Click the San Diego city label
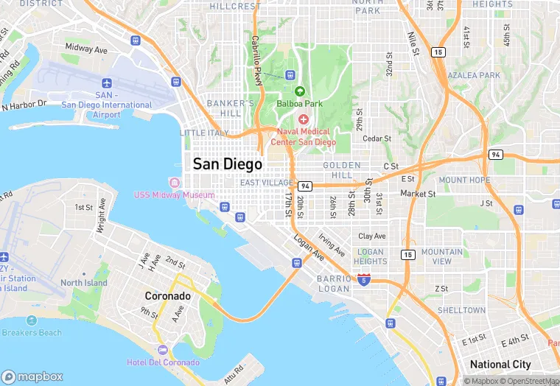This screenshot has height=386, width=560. pos(227,164)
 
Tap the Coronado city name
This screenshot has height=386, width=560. pos(167,296)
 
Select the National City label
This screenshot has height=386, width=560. pos(500,365)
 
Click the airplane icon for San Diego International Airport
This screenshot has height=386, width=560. pos(108,83)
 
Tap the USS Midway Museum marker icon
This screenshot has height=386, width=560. pos(175,183)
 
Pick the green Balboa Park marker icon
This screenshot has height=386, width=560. pos(299,91)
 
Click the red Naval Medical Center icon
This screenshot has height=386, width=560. pos(303,119)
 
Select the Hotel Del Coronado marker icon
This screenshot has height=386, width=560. pos(163,350)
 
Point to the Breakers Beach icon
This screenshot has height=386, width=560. pos(31,320)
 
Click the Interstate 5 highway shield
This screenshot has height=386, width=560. pos(364,279)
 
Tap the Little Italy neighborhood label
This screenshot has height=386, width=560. pos(204,133)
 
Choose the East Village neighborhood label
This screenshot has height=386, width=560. pos(266,183)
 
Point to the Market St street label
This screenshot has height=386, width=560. pos(418,194)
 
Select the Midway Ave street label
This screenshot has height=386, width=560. pos(86,47)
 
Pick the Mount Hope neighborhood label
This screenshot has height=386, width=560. pos(464,180)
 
